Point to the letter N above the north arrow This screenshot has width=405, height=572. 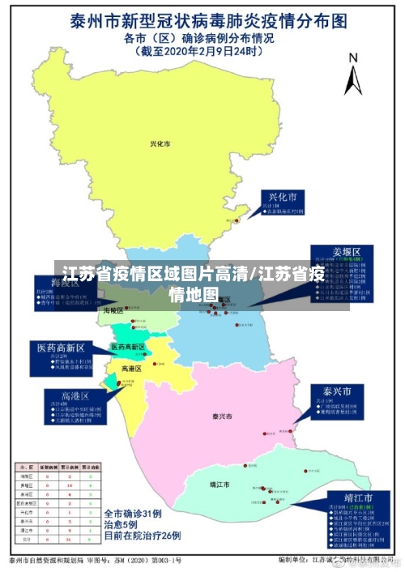pos(352,58)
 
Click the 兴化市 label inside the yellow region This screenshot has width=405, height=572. pos(160,144)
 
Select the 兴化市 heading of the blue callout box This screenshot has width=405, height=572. pos(283,197)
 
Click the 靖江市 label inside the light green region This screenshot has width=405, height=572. pos(220,484)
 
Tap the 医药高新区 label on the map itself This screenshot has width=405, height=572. pos(128,347)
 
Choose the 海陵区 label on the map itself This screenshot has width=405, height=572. pos(113,310)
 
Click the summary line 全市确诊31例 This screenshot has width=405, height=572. pos(133,514)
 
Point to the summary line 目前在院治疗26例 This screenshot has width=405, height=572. pos(142,536)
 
